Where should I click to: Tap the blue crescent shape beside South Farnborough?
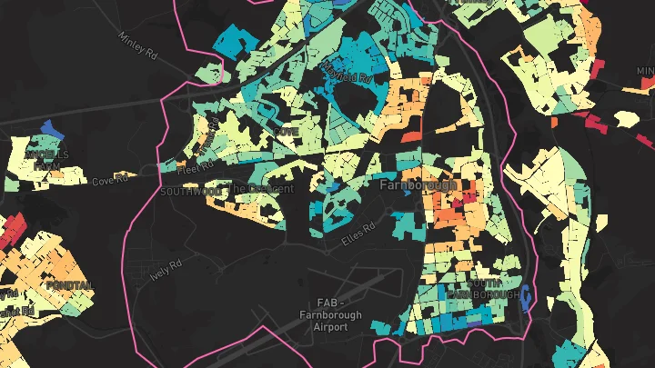point(529,296)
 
